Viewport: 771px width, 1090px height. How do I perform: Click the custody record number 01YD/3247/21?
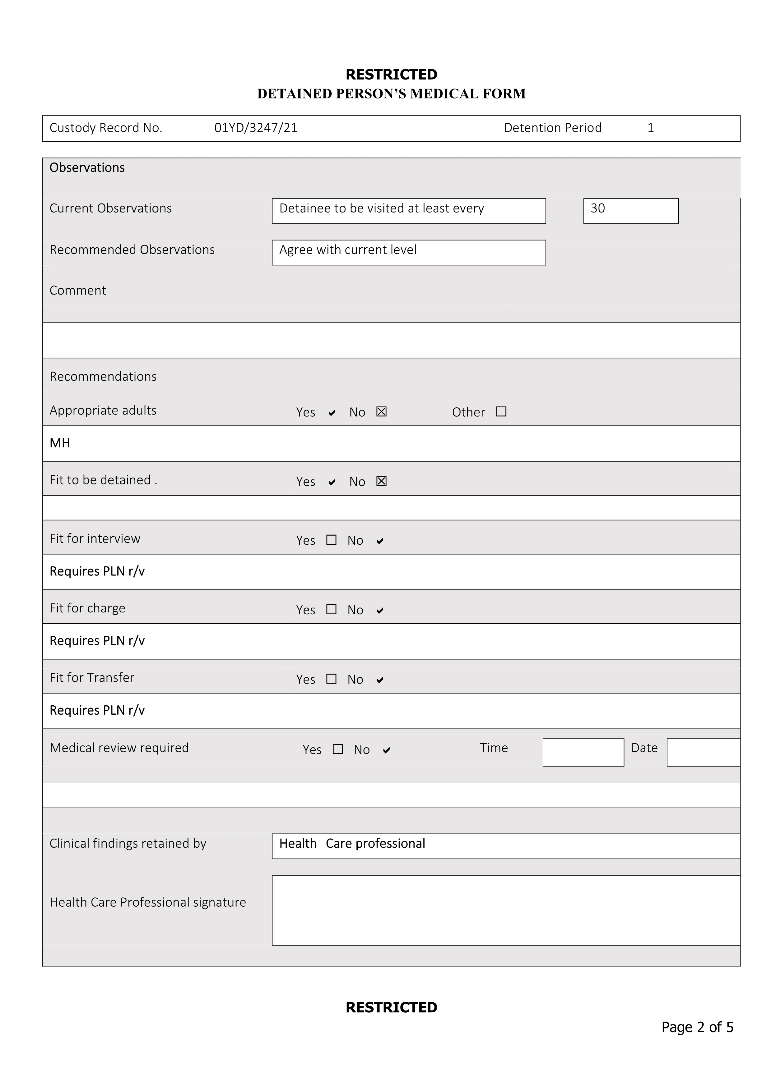coord(256,128)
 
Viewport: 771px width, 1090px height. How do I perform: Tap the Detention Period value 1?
coord(650,128)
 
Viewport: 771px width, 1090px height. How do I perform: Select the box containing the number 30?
coord(630,211)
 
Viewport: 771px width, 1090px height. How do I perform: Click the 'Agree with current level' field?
coord(409,252)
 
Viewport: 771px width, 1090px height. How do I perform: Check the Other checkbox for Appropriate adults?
coord(501,412)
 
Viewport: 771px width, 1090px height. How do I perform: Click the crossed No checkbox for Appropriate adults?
coord(381,412)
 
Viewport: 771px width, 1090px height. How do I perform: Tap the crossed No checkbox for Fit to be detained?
coord(381,481)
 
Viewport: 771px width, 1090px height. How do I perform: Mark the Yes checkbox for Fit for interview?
coord(331,540)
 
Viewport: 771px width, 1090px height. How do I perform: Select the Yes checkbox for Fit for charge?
coord(331,609)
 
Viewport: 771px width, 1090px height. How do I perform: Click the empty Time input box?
coord(583,752)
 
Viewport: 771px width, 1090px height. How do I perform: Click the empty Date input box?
coord(703,752)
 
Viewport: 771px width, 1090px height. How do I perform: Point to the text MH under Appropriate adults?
coord(60,443)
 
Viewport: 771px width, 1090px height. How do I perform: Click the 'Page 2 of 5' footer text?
coord(697,1027)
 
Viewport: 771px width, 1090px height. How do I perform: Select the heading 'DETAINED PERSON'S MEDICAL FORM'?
coord(392,94)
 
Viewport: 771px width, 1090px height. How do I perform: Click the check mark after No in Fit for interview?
coord(379,541)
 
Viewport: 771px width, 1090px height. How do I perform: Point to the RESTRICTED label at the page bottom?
coord(392,1007)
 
